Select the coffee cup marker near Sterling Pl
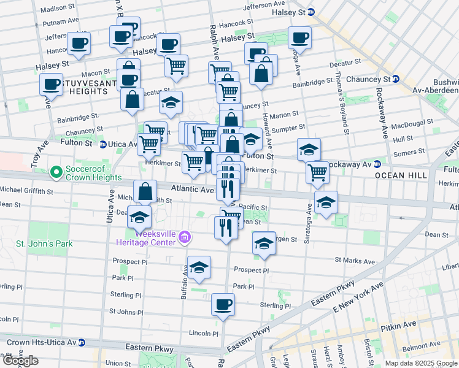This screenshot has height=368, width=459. [223, 304]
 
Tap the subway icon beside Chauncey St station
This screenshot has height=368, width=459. [396, 79]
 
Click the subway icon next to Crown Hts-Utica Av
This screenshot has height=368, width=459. [82, 342]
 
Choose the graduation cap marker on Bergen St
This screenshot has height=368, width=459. [264, 243]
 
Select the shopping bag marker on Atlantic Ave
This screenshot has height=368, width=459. [145, 191]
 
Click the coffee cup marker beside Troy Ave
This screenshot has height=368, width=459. [52, 84]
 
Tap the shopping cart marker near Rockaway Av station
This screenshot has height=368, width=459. [317, 172]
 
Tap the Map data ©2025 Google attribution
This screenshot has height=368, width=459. [421, 363]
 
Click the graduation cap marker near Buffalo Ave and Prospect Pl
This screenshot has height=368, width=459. [199, 267]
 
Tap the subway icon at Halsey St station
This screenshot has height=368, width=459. [310, 12]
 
